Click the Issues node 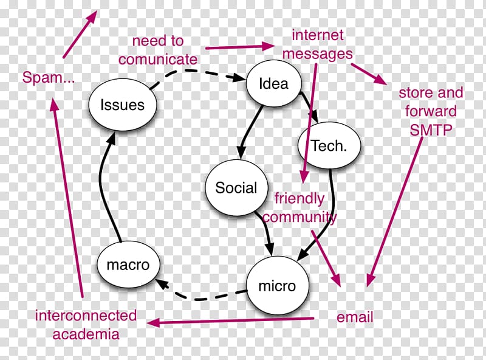point(123,105)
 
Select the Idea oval point(273,83)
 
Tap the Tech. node point(329,146)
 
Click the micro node point(277,285)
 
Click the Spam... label point(49,77)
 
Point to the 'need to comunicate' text point(158,50)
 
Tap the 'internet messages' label point(318,44)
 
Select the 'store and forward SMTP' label point(431,111)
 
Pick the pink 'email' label point(355,317)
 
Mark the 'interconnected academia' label point(86,325)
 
